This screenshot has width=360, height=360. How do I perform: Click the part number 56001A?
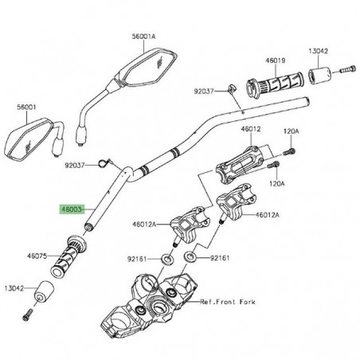coord(144,35)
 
